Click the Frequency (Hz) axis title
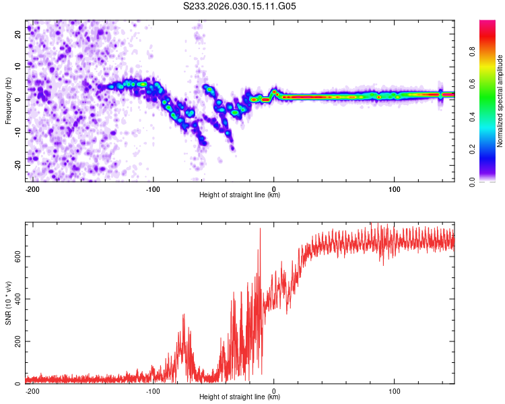coord(8,99)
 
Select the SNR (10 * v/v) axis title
coord(8,302)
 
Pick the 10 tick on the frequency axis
coord(20,67)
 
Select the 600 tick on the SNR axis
coord(17,257)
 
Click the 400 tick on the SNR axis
coord(17,299)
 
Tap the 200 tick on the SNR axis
coord(17,341)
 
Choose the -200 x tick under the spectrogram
coord(32,188)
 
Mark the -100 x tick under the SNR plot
coord(153,391)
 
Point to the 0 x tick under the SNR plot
coord(274,391)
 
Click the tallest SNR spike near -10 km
coord(260,229)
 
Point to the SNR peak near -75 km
coord(183,314)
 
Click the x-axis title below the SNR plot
coord(240,397)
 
